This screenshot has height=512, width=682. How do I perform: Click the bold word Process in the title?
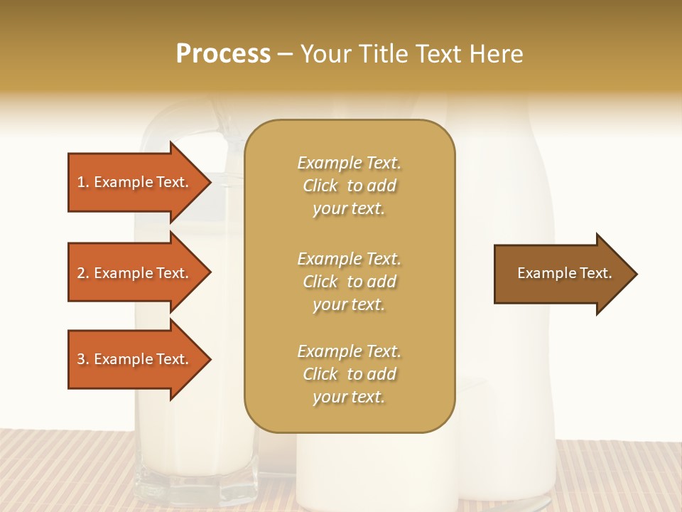point(223,53)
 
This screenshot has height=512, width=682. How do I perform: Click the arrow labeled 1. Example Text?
point(135,182)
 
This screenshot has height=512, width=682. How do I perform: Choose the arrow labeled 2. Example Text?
point(135,273)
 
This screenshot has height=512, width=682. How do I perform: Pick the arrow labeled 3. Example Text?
point(135,359)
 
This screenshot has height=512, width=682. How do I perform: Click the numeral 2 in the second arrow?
point(81,273)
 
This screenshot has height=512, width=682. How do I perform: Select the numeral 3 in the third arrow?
point(81,359)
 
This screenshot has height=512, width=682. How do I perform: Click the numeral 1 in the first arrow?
point(81,182)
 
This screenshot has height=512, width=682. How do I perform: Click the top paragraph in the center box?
point(349,186)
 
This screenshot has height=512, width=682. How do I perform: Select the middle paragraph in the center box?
point(349,282)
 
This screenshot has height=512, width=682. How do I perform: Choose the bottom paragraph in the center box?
point(349,374)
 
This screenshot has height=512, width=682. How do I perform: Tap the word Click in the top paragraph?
point(320,186)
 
